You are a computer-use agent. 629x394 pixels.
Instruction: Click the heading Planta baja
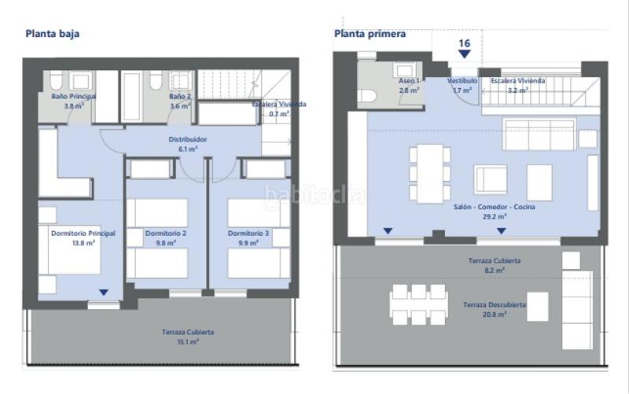tap(53, 34)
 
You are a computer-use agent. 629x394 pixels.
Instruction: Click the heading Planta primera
tap(370, 34)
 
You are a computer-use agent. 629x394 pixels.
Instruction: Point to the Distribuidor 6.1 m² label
tap(186, 144)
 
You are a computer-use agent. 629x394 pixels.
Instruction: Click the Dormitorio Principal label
tap(83, 238)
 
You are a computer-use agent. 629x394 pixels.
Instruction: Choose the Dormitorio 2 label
tap(165, 238)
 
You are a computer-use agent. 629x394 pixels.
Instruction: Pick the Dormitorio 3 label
tap(248, 238)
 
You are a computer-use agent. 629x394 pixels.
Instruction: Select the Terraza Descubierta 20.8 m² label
tap(495, 309)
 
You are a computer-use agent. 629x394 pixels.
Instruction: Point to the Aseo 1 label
tap(408, 85)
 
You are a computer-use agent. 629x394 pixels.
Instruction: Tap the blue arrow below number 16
tap(465, 54)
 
